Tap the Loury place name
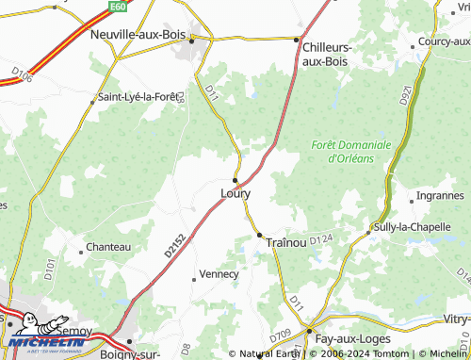[x=235, y=193]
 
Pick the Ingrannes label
[x=439, y=196]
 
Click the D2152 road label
[x=171, y=247]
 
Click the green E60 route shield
[x=118, y=6]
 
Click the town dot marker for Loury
[x=235, y=179]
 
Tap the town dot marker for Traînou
[x=259, y=235]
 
